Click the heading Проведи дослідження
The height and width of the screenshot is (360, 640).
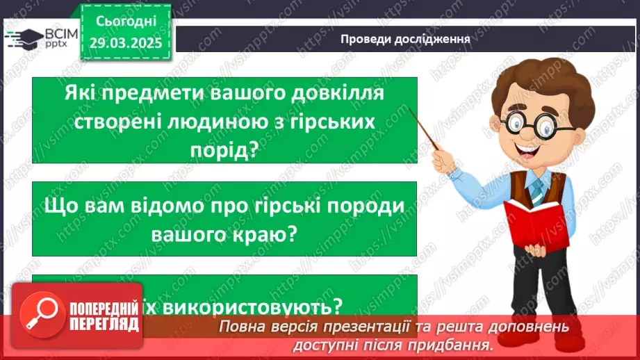pos(406,39)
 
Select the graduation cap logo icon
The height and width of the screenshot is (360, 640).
pos(22,38)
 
